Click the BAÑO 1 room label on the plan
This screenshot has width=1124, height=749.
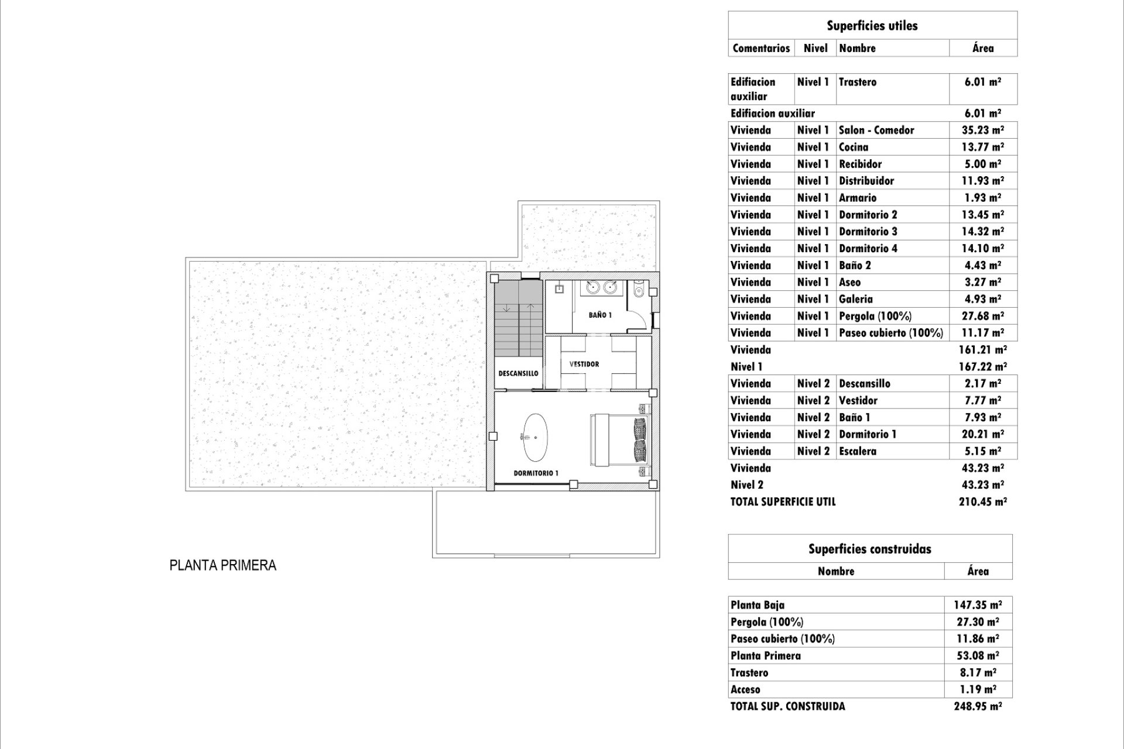pos(600,315)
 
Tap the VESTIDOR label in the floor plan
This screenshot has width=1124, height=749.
pos(584,364)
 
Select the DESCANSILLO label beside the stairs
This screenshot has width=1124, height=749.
pos(518,373)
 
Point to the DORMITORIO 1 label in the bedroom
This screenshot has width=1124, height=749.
pos(536,473)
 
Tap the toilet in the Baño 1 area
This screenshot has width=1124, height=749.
pos(639,290)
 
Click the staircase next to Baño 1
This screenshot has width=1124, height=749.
pos(518,319)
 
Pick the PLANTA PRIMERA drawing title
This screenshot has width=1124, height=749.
pos(222,565)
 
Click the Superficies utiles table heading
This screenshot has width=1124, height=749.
pos(872,26)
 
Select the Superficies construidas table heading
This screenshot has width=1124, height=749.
pos(869,549)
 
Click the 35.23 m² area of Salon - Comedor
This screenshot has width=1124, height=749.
pos(982,130)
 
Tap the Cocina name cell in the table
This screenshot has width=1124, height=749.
pos(854,147)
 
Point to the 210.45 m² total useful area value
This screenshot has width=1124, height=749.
pos(982,501)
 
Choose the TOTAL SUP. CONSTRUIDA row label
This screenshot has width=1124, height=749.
pos(787,706)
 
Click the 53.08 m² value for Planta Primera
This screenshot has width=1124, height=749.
pos(978,655)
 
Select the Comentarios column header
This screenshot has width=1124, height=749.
pos(761,48)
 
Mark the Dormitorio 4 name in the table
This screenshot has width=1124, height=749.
pos(868,248)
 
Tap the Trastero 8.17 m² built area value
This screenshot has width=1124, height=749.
pos(978,672)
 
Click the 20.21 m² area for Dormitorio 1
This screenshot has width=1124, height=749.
pos(982,434)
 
